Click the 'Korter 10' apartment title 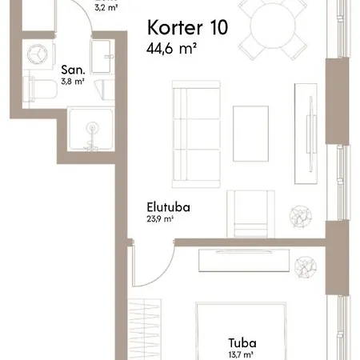tap(187, 27)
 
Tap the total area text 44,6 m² tap(171, 48)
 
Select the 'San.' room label tap(73, 70)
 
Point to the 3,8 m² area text tap(73, 82)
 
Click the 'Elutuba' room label tap(168, 207)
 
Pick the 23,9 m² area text tap(160, 219)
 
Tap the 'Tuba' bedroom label tap(242, 343)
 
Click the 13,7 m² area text tap(241, 355)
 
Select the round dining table tap(273, 26)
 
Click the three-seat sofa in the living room tap(196, 134)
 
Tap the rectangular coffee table tap(250, 134)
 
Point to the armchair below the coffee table tap(250, 214)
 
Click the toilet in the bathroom tap(40, 89)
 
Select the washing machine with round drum tap(38, 54)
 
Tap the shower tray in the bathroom tap(91, 129)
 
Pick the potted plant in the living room tap(301, 216)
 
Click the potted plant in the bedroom tap(306, 267)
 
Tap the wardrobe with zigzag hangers tap(144, 330)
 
